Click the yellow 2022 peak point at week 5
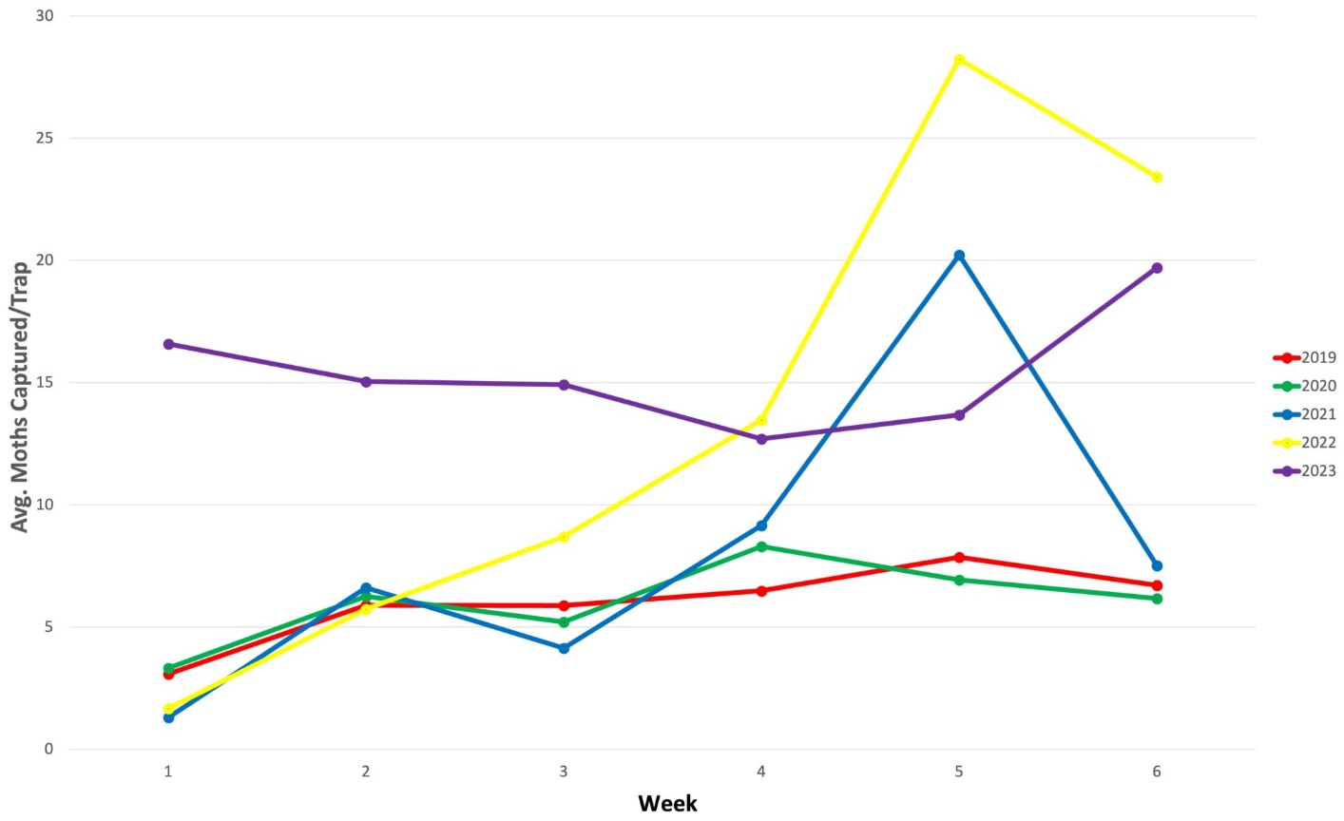(959, 60)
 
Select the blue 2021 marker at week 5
(959, 256)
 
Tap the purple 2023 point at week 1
(168, 344)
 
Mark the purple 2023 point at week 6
(1157, 268)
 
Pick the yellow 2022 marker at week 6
(1157, 177)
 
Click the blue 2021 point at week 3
(564, 648)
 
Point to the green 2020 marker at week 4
(761, 546)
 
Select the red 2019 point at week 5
(959, 557)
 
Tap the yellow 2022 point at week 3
(564, 537)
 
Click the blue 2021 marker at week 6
(1157, 565)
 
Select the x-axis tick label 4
(761, 773)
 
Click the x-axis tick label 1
(168, 773)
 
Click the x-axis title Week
(667, 804)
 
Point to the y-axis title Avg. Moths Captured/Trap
(20, 396)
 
